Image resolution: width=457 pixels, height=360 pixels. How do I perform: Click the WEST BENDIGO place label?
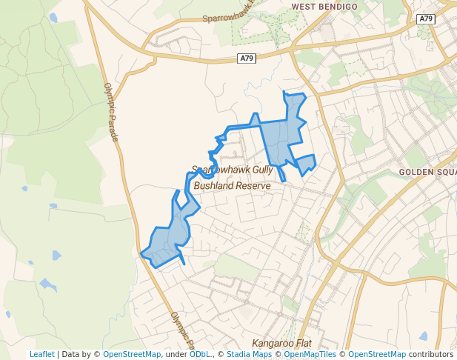(x=324, y=7)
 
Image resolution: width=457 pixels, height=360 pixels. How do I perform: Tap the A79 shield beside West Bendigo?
(x=424, y=19)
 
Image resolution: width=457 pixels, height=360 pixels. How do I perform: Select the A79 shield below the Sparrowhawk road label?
(x=247, y=58)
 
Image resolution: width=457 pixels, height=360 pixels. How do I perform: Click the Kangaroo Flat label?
(x=281, y=344)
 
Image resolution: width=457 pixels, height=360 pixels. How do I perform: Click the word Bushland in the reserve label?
(x=215, y=185)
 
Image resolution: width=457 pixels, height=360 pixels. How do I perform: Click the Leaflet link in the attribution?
(x=41, y=355)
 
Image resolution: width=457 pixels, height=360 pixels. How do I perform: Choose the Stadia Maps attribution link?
(x=249, y=355)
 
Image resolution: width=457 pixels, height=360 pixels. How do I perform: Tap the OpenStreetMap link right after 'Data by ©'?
(x=132, y=355)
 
